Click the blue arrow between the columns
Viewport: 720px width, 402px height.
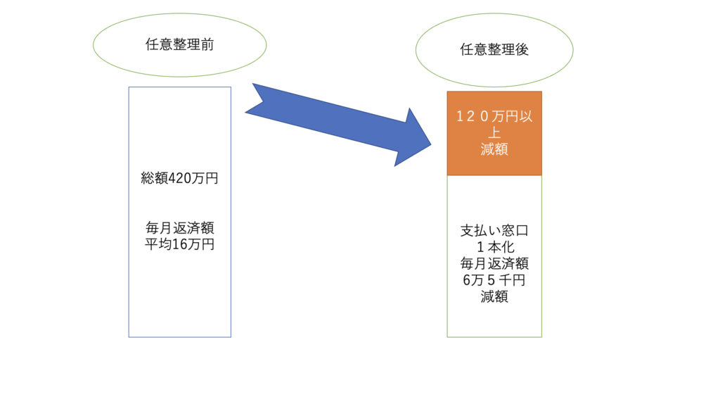[338, 125]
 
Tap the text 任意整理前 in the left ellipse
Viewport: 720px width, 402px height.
[179, 44]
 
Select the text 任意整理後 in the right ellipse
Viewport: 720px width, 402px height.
[494, 50]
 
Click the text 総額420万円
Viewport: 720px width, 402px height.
[179, 178]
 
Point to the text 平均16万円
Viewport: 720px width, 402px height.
[179, 244]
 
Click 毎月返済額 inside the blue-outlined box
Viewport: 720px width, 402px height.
[179, 227]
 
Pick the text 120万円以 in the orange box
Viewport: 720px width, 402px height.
[494, 116]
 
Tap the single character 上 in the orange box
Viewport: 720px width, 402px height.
[494, 133]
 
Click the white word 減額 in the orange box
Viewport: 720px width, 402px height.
[494, 149]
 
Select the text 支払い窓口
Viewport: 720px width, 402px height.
[494, 230]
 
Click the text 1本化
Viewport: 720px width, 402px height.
[495, 247]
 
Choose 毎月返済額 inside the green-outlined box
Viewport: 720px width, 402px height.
[494, 263]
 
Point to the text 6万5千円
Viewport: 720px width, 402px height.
[494, 280]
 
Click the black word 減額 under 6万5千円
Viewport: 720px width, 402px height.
[494, 296]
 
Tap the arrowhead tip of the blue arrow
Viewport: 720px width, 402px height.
[431, 144]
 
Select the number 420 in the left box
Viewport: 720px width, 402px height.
[179, 178]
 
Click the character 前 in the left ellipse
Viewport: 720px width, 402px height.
[207, 44]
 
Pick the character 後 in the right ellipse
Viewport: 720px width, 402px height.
[522, 50]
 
